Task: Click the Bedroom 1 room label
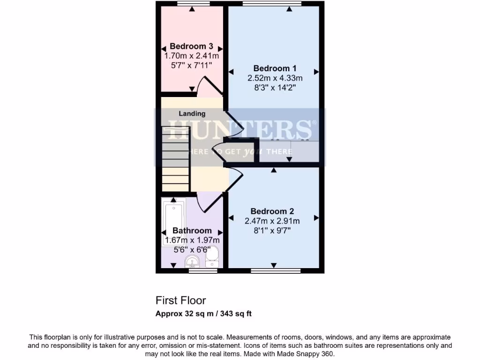tap(275, 68)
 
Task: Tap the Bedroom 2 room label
tap(272, 211)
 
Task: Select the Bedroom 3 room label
tap(191, 46)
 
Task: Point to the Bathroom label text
tap(192, 231)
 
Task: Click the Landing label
tap(192, 113)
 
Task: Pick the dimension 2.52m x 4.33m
tap(275, 78)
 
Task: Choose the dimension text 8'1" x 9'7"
tap(272, 231)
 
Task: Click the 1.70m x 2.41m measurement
tap(191, 56)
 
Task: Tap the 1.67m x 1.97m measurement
tap(192, 240)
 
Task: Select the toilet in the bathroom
tap(212, 256)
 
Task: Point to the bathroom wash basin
tap(192, 261)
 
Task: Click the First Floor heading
tap(180, 300)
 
